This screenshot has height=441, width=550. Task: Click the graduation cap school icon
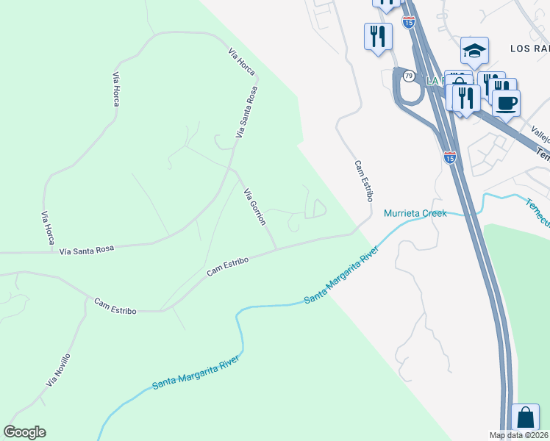(474, 51)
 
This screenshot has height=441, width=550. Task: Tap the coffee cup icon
(506, 103)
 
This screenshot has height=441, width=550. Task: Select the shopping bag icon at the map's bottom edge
(526, 418)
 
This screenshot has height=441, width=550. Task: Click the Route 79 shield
(407, 76)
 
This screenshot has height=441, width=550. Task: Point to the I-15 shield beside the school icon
(409, 23)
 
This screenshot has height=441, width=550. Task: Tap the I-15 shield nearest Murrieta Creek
(451, 157)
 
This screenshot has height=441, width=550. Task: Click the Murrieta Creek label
(415, 214)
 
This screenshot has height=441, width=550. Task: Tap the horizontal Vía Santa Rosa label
(87, 251)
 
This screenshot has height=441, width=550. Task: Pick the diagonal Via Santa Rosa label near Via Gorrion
(247, 113)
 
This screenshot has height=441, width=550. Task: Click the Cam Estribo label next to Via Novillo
(115, 306)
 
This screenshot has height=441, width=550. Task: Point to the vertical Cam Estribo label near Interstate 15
(363, 182)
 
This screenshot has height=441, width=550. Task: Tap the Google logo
(24, 432)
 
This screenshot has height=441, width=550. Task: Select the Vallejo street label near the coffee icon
(540, 134)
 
